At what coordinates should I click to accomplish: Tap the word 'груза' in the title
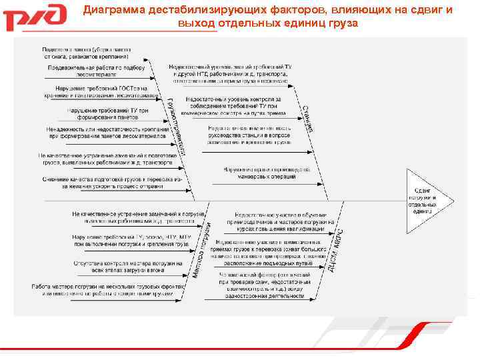[341, 23]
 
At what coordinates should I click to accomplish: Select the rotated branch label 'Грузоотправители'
[175, 127]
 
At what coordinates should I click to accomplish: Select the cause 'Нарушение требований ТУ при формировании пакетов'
[107, 115]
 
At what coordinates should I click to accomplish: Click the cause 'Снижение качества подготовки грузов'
[109, 183]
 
